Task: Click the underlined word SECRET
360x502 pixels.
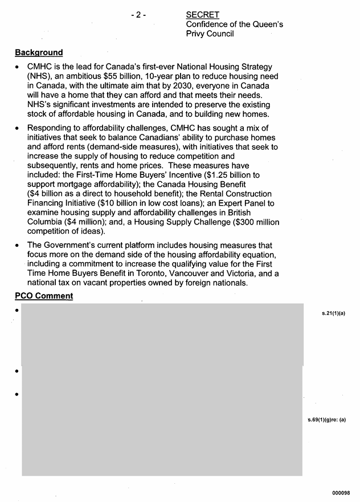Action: click(x=202, y=15)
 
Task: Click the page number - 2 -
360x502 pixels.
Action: click(x=138, y=15)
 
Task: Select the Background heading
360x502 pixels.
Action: click(x=39, y=52)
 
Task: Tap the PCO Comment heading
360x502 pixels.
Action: click(x=44, y=296)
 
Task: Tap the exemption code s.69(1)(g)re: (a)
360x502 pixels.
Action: click(x=326, y=421)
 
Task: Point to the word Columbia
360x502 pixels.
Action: click(x=46, y=222)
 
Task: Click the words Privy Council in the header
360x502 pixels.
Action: click(x=210, y=34)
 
